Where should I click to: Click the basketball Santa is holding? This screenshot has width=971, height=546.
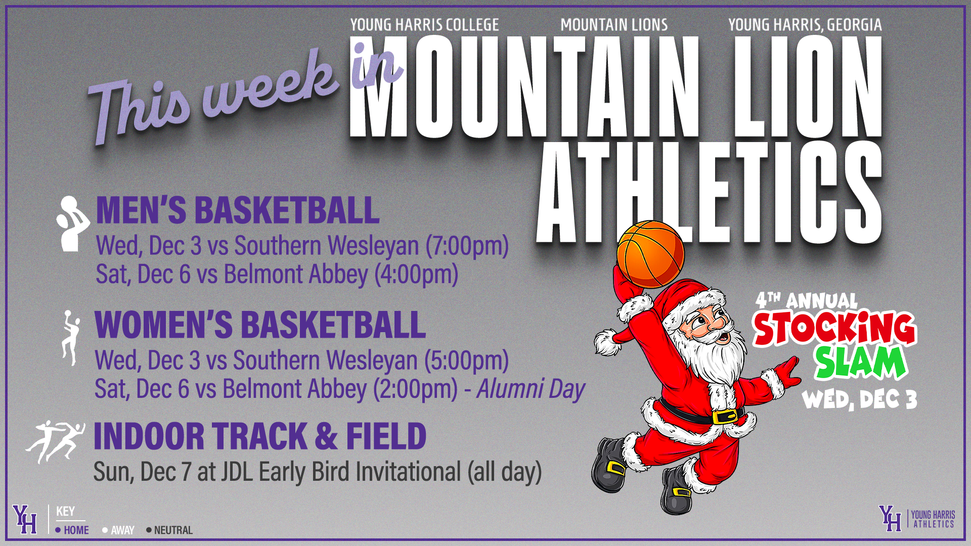coord(650,254)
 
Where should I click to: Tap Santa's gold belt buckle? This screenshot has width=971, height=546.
coord(725,417)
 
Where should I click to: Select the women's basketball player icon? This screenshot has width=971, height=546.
coord(70,337)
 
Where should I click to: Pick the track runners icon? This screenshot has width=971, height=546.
coord(56,441)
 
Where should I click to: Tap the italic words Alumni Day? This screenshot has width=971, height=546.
coord(531,389)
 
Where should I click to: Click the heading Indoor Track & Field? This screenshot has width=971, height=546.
coord(260,436)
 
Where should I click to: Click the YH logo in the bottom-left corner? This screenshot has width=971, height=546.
coord(25,519)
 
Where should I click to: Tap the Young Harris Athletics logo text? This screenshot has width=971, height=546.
coord(933,519)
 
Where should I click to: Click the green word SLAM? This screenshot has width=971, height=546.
coord(859,363)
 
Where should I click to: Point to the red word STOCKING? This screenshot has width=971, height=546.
coord(834,328)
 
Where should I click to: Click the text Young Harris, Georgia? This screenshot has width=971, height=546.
coord(805,25)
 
